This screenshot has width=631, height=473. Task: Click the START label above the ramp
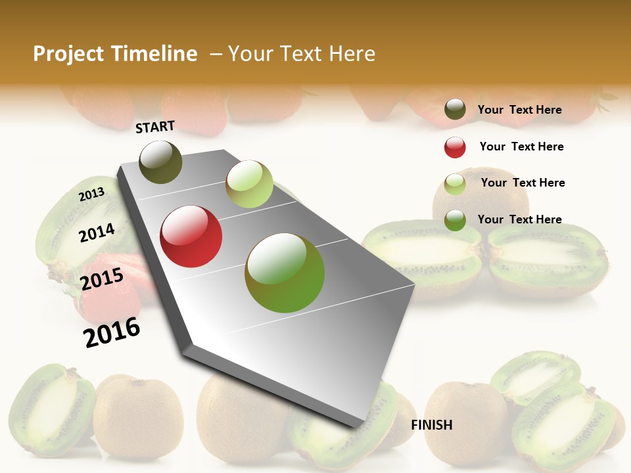(155, 127)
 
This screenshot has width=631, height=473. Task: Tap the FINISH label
(432, 425)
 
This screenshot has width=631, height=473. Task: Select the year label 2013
(91, 194)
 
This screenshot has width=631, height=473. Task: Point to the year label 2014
(97, 233)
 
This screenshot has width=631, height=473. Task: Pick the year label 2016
(112, 332)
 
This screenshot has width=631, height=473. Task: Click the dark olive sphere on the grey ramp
(161, 162)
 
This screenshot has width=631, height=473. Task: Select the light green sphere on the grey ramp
(249, 184)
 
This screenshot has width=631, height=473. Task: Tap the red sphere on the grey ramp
(191, 236)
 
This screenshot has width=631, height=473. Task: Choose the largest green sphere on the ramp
(285, 273)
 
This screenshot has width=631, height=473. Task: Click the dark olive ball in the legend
(455, 110)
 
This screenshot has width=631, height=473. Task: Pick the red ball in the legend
(455, 147)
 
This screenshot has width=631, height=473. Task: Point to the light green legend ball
(455, 184)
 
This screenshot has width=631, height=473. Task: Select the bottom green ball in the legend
(455, 220)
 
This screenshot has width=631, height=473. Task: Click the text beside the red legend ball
(521, 146)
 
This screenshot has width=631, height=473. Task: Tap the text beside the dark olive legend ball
(519, 110)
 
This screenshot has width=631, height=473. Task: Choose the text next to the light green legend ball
(523, 183)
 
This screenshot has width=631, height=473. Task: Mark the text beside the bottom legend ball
(519, 219)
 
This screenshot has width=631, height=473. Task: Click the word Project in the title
(68, 54)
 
